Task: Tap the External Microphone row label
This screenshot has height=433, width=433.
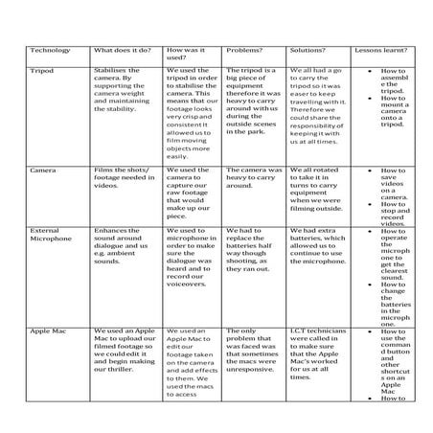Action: point(53,236)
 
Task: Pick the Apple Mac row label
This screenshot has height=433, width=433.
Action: point(48,330)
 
